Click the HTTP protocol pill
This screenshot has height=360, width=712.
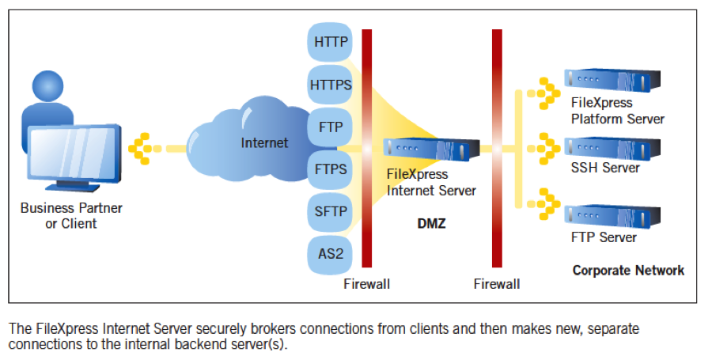330,42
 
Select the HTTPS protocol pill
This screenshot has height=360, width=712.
330,84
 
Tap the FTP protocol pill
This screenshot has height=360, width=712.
330,126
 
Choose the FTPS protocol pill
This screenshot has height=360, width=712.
330,169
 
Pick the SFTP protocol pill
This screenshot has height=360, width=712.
330,211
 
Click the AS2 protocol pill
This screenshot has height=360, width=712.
330,253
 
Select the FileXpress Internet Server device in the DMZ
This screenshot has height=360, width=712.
431,148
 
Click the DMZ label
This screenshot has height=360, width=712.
431,224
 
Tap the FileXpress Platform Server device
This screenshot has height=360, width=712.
612,80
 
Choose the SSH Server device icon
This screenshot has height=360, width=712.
612,147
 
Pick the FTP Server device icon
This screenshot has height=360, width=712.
612,215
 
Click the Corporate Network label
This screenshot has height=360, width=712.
628,271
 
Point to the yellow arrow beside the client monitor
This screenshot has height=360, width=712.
142,148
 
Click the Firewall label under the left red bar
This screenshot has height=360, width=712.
366,284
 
